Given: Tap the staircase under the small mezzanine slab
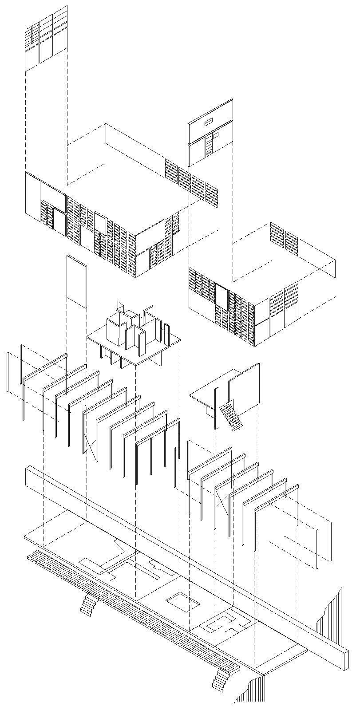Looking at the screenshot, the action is pos(232,415).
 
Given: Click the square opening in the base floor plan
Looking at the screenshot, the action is pos(183,601).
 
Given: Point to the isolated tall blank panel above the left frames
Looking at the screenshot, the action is pos(76,280).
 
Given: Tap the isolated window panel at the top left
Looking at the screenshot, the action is pos(46,39).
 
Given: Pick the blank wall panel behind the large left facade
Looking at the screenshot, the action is pos(135,143).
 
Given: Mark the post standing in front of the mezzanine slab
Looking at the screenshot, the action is pos(216,408).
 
